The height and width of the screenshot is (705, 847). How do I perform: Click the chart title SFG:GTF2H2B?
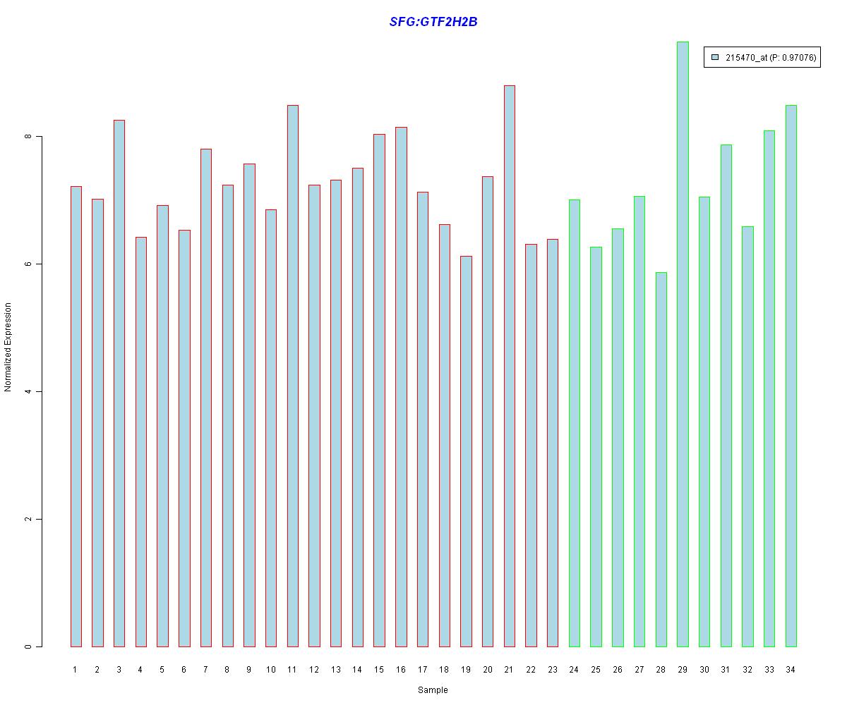(x=433, y=22)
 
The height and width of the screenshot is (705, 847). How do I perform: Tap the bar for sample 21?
(x=509, y=366)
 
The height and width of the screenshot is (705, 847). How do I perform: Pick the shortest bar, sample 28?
(x=661, y=459)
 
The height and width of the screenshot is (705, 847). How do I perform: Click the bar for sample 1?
(x=76, y=416)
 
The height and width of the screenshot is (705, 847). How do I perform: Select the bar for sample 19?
(x=466, y=451)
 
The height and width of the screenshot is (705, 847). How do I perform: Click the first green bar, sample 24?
(x=574, y=423)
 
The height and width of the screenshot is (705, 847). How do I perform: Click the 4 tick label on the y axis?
(x=28, y=391)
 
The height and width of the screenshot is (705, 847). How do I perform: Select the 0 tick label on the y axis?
(x=28, y=646)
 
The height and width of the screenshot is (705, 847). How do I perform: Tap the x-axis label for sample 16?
(x=400, y=670)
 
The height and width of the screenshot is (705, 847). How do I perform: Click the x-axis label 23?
(x=552, y=670)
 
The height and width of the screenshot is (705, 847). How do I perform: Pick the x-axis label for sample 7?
(x=205, y=670)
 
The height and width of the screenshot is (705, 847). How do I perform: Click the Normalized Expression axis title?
(x=8, y=347)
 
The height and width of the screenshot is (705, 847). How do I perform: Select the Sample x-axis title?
(x=433, y=690)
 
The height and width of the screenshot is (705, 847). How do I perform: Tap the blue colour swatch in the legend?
(x=715, y=58)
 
